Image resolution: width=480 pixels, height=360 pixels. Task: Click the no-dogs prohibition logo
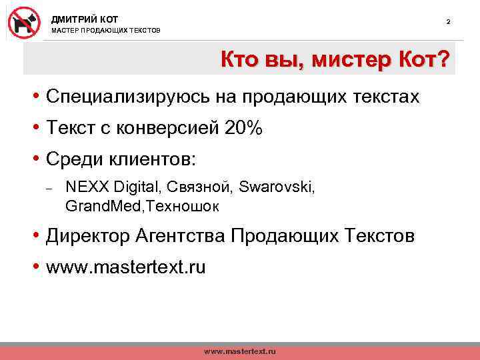pyautogui.click(x=24, y=23)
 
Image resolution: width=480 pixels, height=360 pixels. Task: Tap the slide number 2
pyautogui.click(x=448, y=23)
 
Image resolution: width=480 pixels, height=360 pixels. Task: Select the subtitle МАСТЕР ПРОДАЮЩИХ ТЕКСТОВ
pyautogui.click(x=106, y=31)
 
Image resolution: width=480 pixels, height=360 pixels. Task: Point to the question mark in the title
pyautogui.click(x=441, y=61)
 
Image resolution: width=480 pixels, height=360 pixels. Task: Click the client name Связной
pyautogui.click(x=198, y=187)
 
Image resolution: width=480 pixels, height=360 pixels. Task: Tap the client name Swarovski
pyautogui.click(x=278, y=187)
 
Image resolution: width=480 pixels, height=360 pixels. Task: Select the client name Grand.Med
pyautogui.click(x=96, y=206)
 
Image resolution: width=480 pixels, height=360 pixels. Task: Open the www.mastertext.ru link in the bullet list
pyautogui.click(x=126, y=268)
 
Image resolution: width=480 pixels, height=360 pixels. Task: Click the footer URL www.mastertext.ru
pyautogui.click(x=239, y=351)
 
